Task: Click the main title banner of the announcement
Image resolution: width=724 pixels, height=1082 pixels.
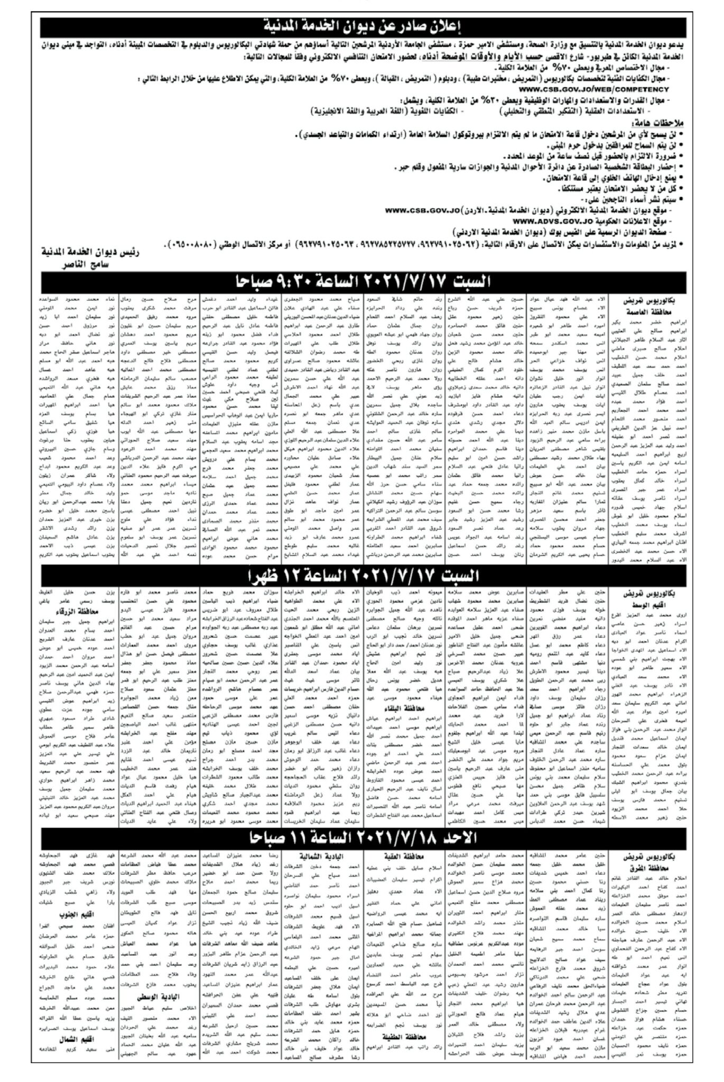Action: (x=362, y=26)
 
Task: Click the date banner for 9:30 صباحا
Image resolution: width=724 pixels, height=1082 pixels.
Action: (x=362, y=281)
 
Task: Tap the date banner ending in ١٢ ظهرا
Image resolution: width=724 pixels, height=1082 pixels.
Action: (x=362, y=575)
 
